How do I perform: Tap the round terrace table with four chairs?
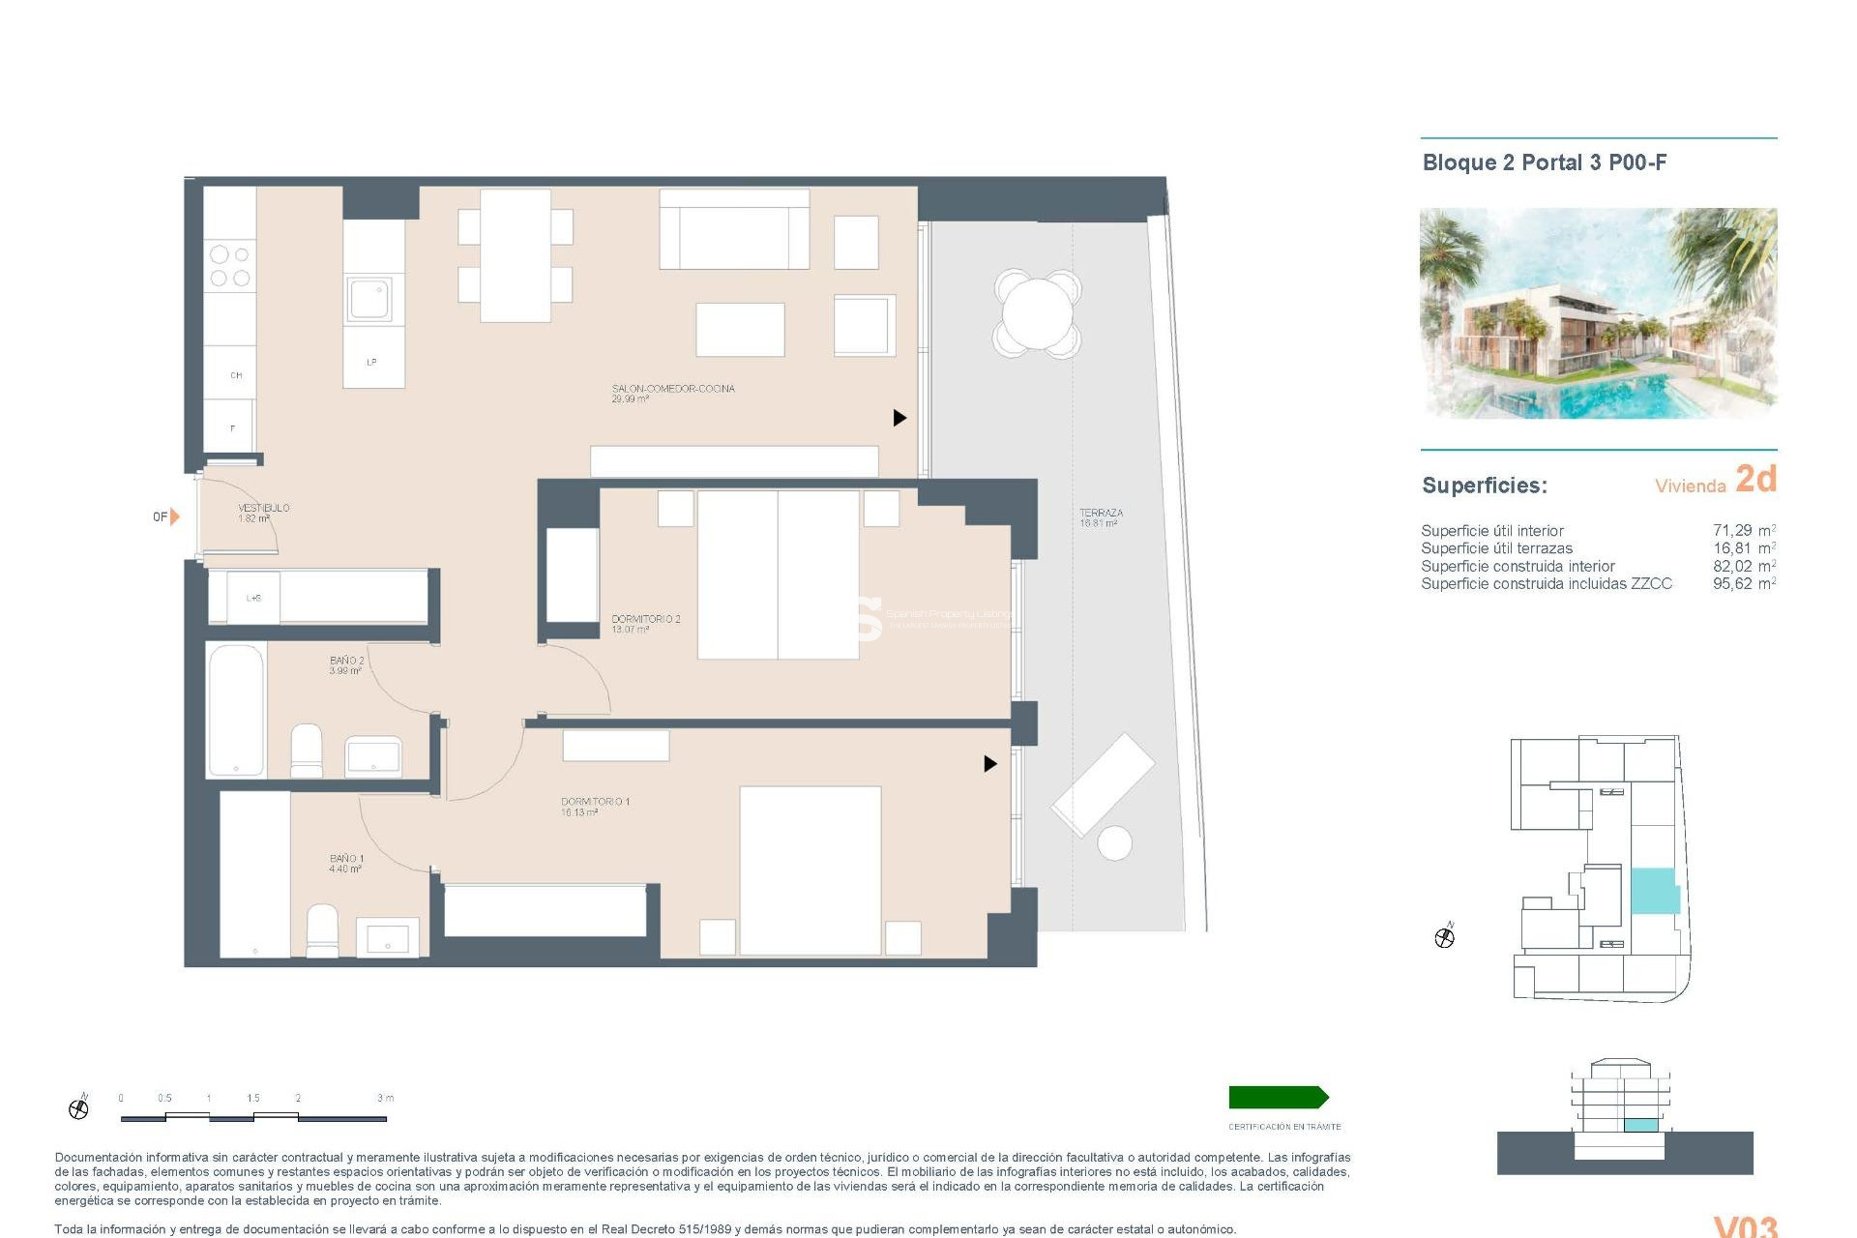1037,313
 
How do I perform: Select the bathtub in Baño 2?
236,709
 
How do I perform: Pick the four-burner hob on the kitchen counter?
230,267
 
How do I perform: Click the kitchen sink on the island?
370,300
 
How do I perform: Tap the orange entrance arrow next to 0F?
175,516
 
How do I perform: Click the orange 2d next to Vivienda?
1755,479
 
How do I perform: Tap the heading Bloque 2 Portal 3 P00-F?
1545,162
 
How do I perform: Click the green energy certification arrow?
1278,1097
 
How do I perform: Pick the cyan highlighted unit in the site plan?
1654,891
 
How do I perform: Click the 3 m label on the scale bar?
385,1098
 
